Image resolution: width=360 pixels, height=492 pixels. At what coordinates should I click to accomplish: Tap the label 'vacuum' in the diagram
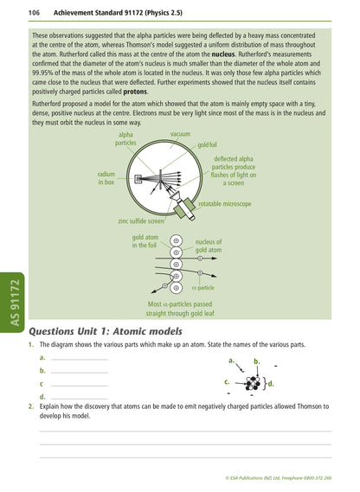coord(180,135)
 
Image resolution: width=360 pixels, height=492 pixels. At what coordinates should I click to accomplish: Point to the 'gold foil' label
coord(213,145)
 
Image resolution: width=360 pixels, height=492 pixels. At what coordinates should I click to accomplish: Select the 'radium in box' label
coord(106,177)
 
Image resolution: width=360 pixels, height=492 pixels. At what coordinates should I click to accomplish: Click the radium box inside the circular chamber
coord(139,179)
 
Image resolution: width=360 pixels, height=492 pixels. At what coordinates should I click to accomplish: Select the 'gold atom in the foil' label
coord(145,241)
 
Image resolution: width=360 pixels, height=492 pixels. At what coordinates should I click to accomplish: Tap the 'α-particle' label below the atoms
coord(203,287)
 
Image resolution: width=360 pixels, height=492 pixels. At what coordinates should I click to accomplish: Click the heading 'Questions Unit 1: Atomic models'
coord(106,331)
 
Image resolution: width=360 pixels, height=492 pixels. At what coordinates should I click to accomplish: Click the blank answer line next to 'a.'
coord(79,358)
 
